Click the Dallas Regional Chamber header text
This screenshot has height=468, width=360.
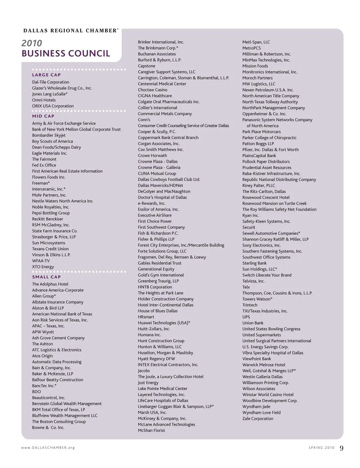pyautogui.click(x=70, y=31)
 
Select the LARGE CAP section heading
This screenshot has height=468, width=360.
pyautogui.click(x=46, y=75)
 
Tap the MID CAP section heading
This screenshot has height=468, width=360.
pyautogui.click(x=43, y=116)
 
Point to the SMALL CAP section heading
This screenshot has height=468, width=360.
pyautogui.click(x=46, y=277)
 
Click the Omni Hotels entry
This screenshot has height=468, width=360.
pyautogui.click(x=43, y=100)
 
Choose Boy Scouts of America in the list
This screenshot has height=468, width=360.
pyautogui.click(x=52, y=141)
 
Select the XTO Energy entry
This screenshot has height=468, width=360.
pyautogui.click(x=43, y=267)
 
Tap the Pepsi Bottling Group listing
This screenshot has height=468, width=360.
pyautogui.click(x=51, y=213)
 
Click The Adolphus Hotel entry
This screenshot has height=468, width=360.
pyautogui.click(x=50, y=284)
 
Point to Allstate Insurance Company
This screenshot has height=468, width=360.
pyautogui.click(x=58, y=302)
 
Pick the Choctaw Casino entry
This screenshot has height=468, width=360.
pyautogui.click(x=153, y=90)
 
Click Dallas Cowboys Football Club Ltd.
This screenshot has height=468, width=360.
pyautogui.click(x=169, y=179)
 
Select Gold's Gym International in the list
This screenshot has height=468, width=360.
pyautogui.click(x=161, y=275)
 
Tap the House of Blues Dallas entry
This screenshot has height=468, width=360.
pyautogui.click(x=157, y=311)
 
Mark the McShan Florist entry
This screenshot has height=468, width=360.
pyautogui.click(x=151, y=430)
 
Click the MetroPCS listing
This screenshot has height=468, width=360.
pyautogui.click(x=251, y=48)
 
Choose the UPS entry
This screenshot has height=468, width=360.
pyautogui.click(x=246, y=317)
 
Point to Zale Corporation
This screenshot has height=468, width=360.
pyautogui.click(x=258, y=419)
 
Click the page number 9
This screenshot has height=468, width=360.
pyautogui.click(x=341, y=448)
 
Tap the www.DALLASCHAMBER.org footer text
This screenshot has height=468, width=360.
pyautogui.click(x=48, y=448)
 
